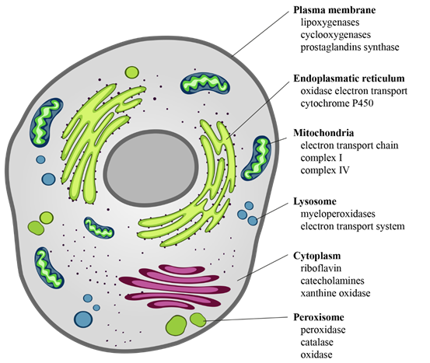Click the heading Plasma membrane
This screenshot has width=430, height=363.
(334, 10)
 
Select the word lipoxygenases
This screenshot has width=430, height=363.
(330, 23)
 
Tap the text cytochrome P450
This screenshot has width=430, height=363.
(337, 103)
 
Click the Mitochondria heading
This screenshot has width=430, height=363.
(323, 133)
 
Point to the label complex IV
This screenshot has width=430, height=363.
(325, 170)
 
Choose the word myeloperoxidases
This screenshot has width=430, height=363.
(337, 214)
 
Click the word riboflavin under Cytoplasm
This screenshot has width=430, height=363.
(321, 268)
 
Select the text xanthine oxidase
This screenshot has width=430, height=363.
(335, 293)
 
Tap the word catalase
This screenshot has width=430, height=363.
(316, 342)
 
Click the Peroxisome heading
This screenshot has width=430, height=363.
(319, 317)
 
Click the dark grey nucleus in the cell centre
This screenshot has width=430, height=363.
(151, 168)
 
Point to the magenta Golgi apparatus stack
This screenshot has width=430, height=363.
(175, 287)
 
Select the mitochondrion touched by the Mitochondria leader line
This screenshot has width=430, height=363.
(256, 158)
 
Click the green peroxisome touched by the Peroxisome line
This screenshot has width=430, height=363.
(198, 319)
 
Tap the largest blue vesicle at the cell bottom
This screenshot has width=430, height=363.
(83, 319)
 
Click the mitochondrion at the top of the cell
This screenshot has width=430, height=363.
(205, 83)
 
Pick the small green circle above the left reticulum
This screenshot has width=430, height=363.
(132, 72)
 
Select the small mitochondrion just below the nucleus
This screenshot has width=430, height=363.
(99, 228)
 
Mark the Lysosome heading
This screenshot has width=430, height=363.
(315, 201)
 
